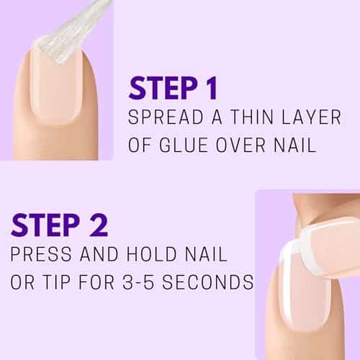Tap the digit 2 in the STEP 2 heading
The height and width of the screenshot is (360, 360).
tap(98, 225)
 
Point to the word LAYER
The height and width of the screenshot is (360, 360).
tap(311, 117)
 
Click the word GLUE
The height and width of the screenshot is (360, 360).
tap(184, 145)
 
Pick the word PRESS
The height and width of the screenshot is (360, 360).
tap(41, 253)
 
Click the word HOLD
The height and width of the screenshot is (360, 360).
tap(152, 253)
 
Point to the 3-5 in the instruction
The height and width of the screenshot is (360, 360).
tap(138, 282)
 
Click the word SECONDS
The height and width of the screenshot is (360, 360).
tap(207, 282)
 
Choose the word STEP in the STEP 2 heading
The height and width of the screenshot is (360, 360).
tap(45, 225)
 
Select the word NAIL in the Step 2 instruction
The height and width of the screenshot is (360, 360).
tap(206, 253)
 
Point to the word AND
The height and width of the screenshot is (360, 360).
tap(99, 253)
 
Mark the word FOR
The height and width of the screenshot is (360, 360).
tap(96, 282)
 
